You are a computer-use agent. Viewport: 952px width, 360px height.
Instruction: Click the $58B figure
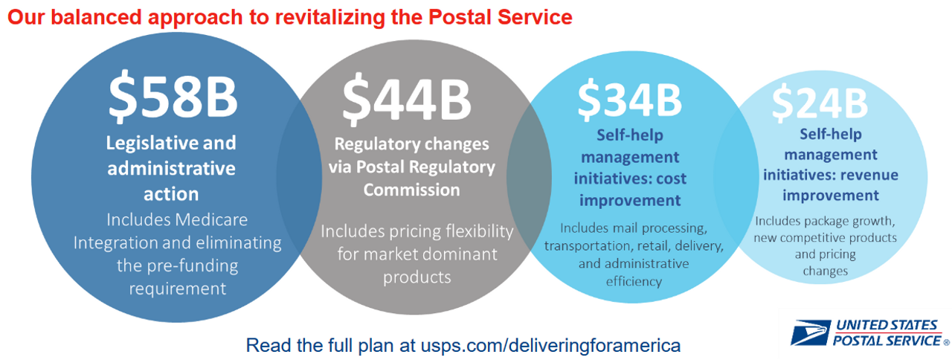tap(173, 96)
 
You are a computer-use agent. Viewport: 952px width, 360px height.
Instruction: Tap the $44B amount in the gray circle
tap(407, 100)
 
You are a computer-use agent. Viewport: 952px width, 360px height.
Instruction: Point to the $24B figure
tap(820, 103)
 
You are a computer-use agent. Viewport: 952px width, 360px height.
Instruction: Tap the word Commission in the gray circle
tap(411, 190)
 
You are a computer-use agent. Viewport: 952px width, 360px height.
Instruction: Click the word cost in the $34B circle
tap(672, 179)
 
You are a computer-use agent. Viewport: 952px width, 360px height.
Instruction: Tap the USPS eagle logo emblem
tap(810, 332)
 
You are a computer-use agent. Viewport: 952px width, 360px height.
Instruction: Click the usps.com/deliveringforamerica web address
tap(551, 346)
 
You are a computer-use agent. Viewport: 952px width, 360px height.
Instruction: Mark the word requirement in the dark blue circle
tap(178, 289)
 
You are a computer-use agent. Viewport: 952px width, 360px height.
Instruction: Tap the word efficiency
tap(634, 282)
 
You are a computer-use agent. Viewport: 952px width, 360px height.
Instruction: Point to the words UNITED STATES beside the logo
tap(887, 325)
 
